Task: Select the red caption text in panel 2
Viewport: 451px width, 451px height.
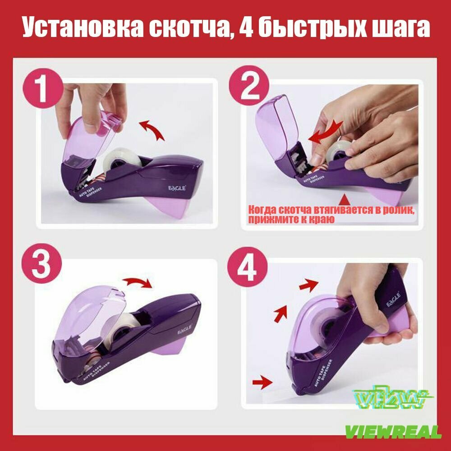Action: [329, 214]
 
